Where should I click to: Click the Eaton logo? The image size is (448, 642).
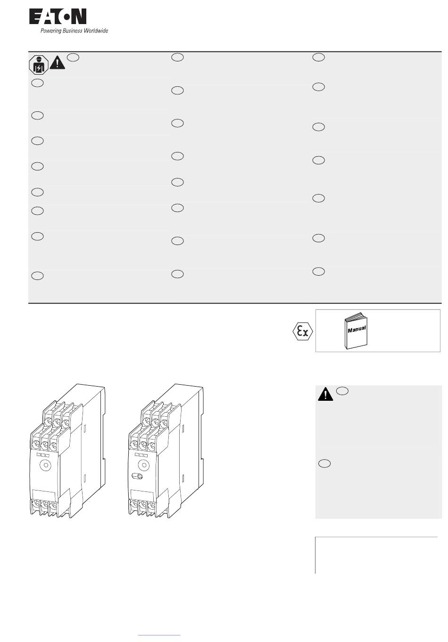point(58,17)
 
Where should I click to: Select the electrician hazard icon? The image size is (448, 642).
point(39,65)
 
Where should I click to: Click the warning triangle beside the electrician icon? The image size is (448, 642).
point(57,63)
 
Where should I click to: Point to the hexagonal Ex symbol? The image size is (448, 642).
point(303,331)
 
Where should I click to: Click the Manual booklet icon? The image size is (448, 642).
point(356,331)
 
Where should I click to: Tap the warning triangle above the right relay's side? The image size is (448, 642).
point(325,394)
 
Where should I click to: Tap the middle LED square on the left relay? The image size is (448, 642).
point(43,455)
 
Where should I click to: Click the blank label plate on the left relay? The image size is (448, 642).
point(44,496)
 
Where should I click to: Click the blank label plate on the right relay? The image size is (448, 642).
point(142,496)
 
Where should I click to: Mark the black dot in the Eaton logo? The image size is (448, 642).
point(66,17)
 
